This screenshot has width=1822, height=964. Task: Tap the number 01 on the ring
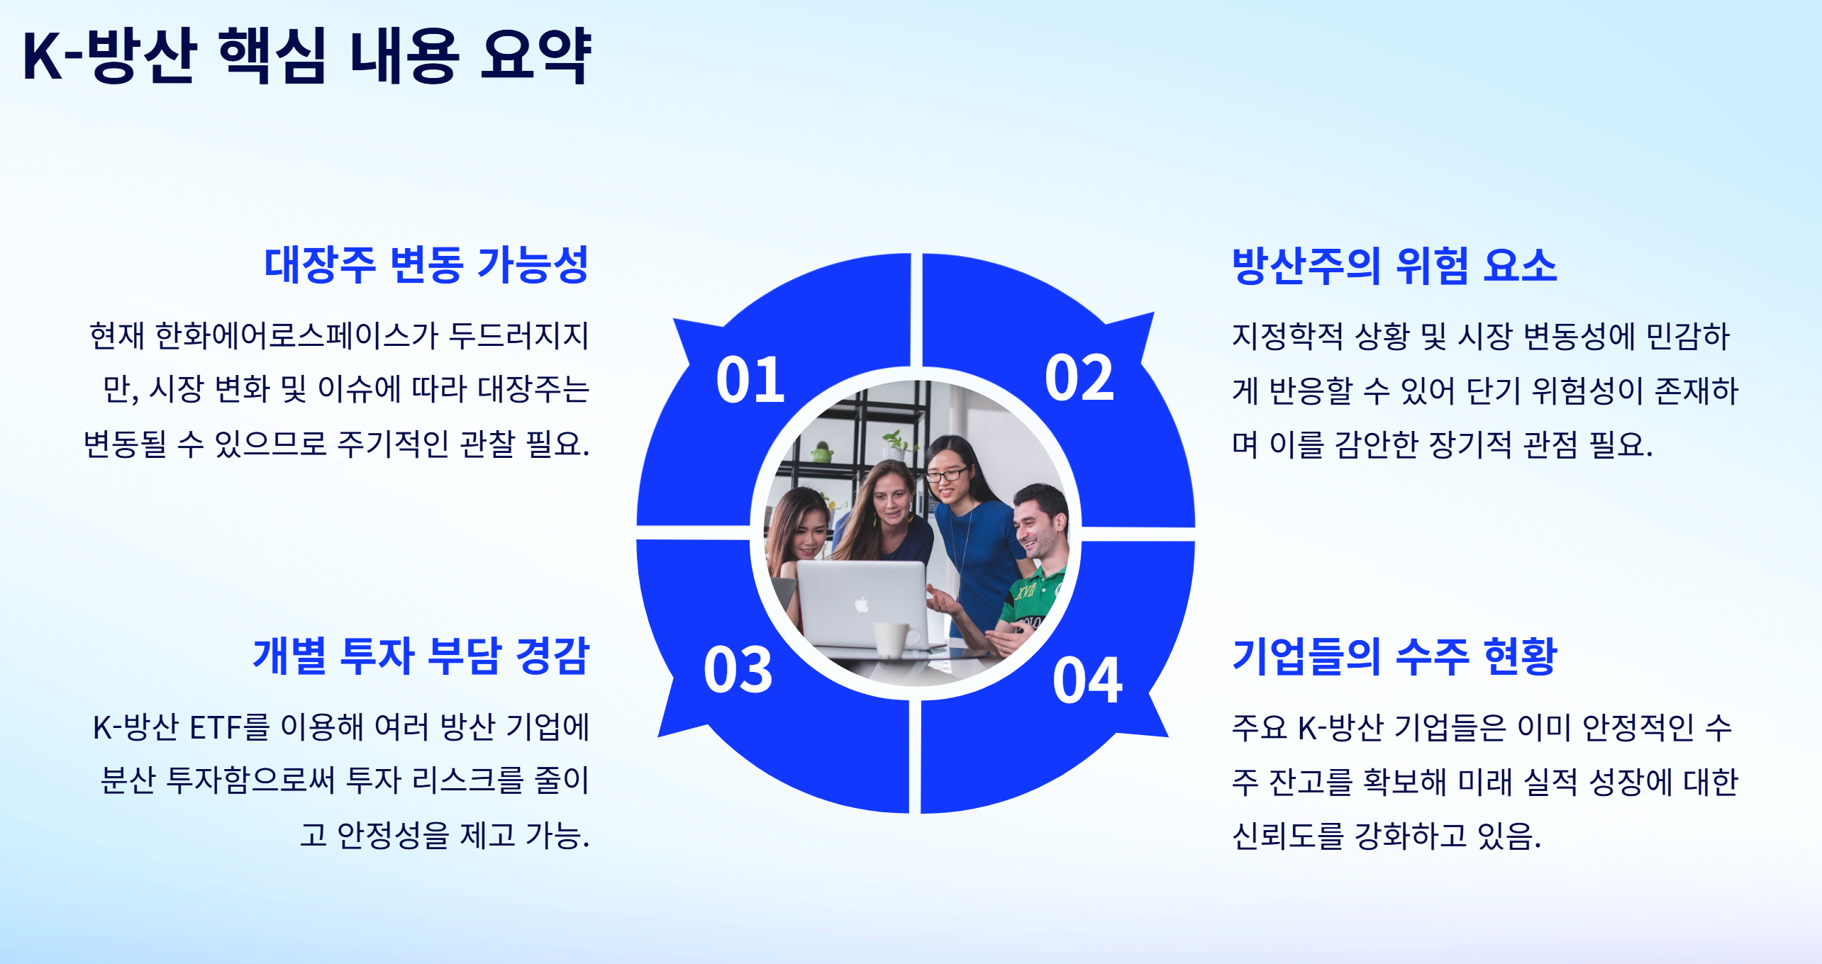tap(750, 381)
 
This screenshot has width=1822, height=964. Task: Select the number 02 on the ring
tap(1079, 379)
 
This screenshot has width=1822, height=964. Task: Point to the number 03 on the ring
tap(738, 671)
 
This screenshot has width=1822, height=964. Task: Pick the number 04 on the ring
tap(1087, 681)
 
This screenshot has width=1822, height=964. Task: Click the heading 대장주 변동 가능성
tap(426, 265)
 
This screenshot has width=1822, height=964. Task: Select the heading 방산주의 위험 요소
tap(1394, 266)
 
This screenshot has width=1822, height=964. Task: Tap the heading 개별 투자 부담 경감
tap(421, 656)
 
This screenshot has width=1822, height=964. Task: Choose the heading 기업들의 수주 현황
tap(1394, 656)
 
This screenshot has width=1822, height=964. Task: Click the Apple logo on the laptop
tap(862, 605)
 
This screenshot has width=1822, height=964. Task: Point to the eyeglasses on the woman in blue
tap(947, 474)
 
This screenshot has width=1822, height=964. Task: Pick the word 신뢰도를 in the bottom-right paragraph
tap(1287, 836)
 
